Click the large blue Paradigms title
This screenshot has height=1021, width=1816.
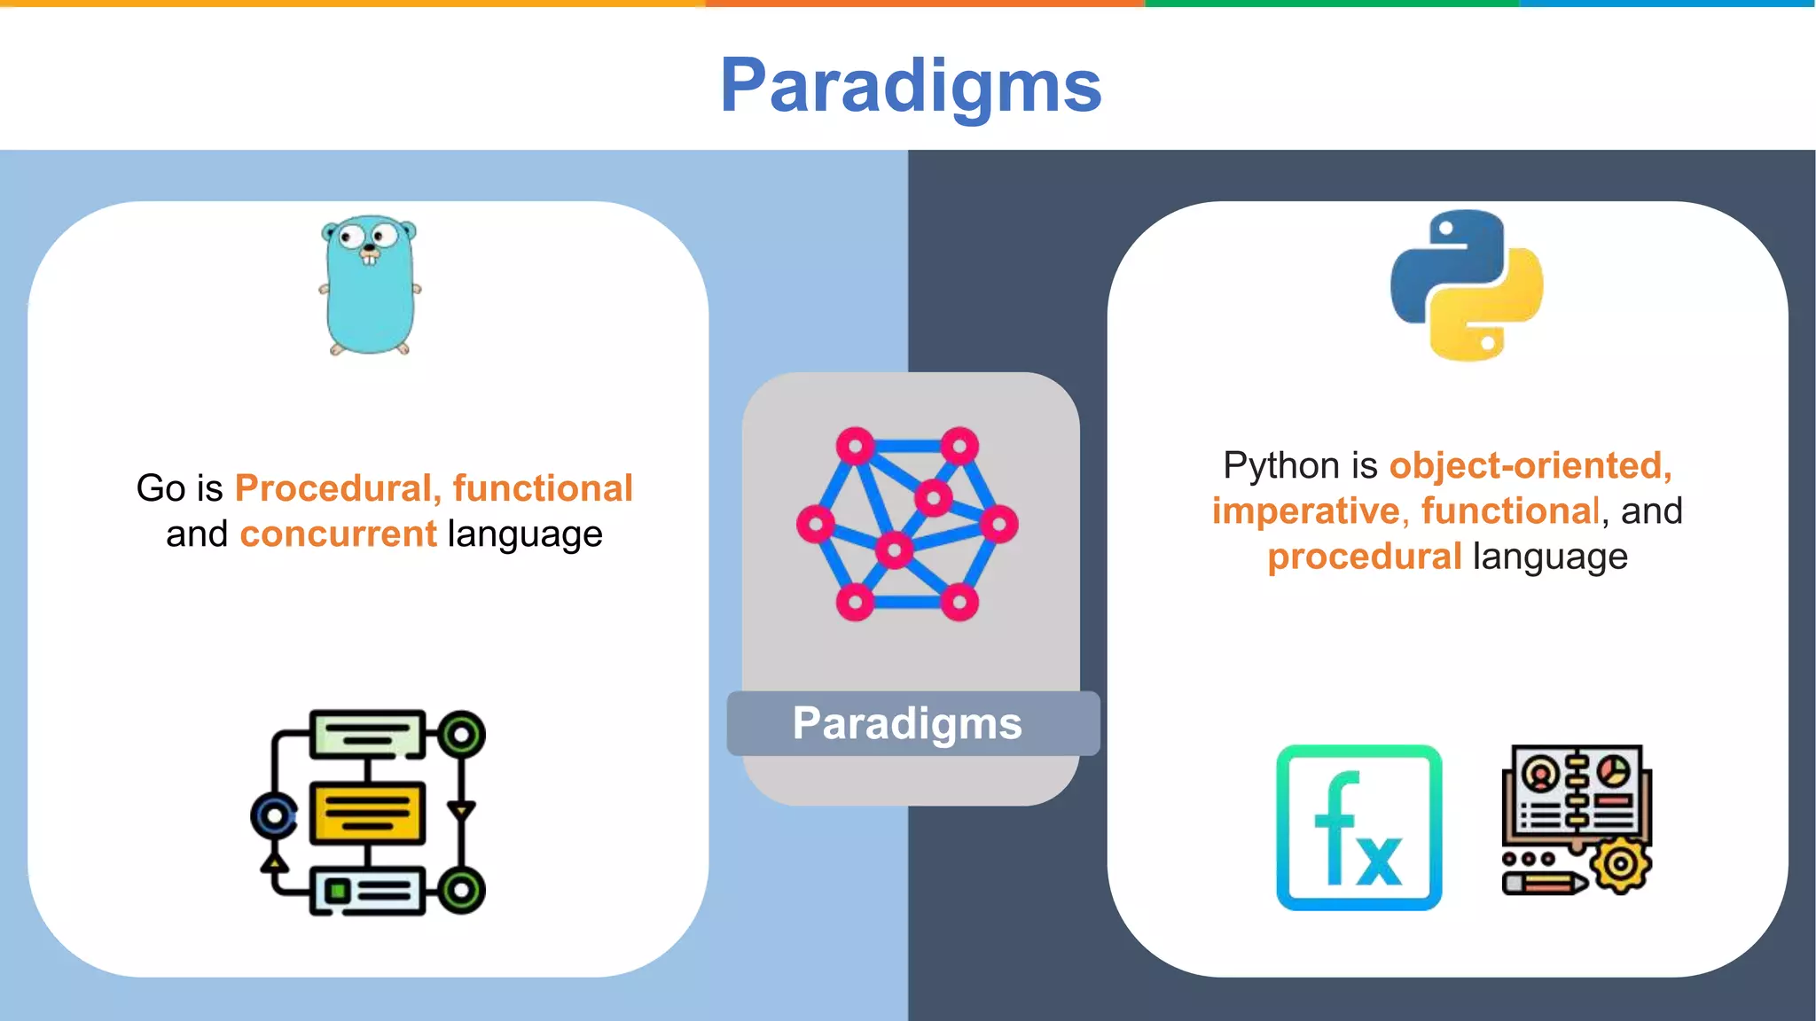(911, 86)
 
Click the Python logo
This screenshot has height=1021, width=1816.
(1467, 285)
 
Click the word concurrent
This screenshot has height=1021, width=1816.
(338, 534)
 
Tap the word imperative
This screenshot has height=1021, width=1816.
(1305, 511)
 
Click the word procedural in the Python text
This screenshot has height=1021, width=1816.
(1364, 557)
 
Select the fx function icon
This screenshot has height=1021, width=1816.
(1358, 828)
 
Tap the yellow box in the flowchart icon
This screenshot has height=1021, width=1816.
(367, 813)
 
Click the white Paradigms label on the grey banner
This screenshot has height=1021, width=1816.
(907, 723)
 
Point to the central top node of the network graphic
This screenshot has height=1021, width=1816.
(933, 497)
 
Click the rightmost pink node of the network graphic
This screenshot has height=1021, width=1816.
(999, 524)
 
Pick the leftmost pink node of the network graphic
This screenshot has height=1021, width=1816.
(815, 524)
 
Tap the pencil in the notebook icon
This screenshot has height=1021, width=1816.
(1545, 884)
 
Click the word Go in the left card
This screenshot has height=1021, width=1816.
(160, 488)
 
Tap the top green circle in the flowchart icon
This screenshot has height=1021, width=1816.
(460, 735)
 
